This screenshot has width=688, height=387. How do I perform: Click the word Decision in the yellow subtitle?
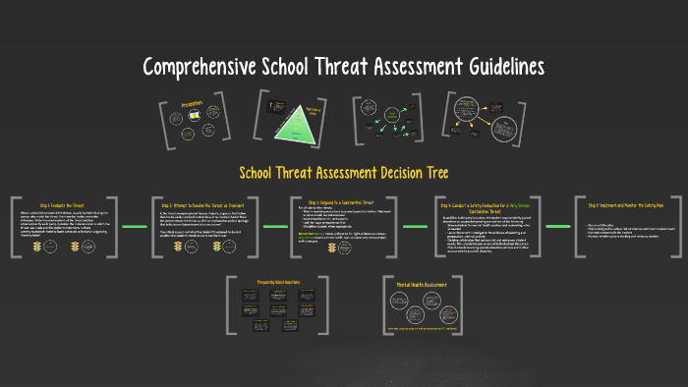[385, 173]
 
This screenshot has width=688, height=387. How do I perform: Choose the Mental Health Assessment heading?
[435, 284]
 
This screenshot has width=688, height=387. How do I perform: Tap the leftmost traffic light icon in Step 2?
[178, 249]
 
